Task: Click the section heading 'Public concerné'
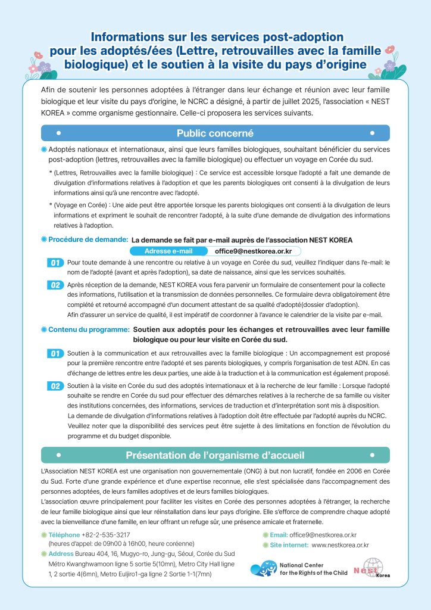point(215,133)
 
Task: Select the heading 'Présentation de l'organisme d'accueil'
point(215,455)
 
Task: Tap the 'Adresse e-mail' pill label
point(168,251)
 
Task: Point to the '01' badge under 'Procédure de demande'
point(55,263)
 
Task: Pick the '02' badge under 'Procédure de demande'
point(55,285)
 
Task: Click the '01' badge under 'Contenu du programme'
point(55,353)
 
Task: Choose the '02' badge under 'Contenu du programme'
point(55,386)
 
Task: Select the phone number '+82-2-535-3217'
point(106,534)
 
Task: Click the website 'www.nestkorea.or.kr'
point(340,544)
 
